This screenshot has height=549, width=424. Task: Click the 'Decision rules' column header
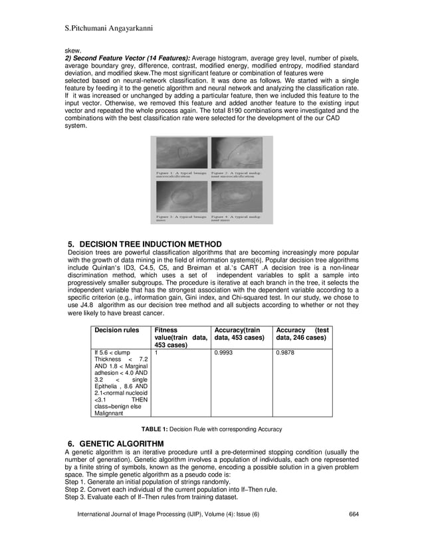(116, 330)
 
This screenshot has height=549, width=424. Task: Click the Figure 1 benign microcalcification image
(180, 152)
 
